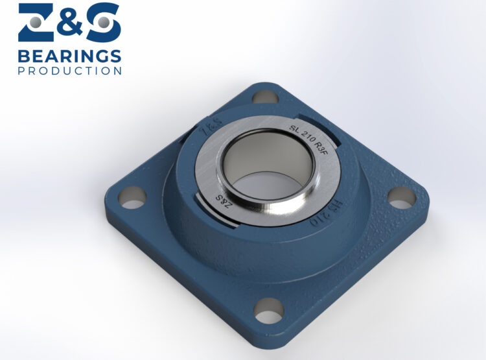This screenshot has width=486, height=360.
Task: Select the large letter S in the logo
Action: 102,23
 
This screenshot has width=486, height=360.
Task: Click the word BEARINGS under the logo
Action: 69,55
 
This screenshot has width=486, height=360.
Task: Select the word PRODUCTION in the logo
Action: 69,71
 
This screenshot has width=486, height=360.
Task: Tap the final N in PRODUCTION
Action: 117,71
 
